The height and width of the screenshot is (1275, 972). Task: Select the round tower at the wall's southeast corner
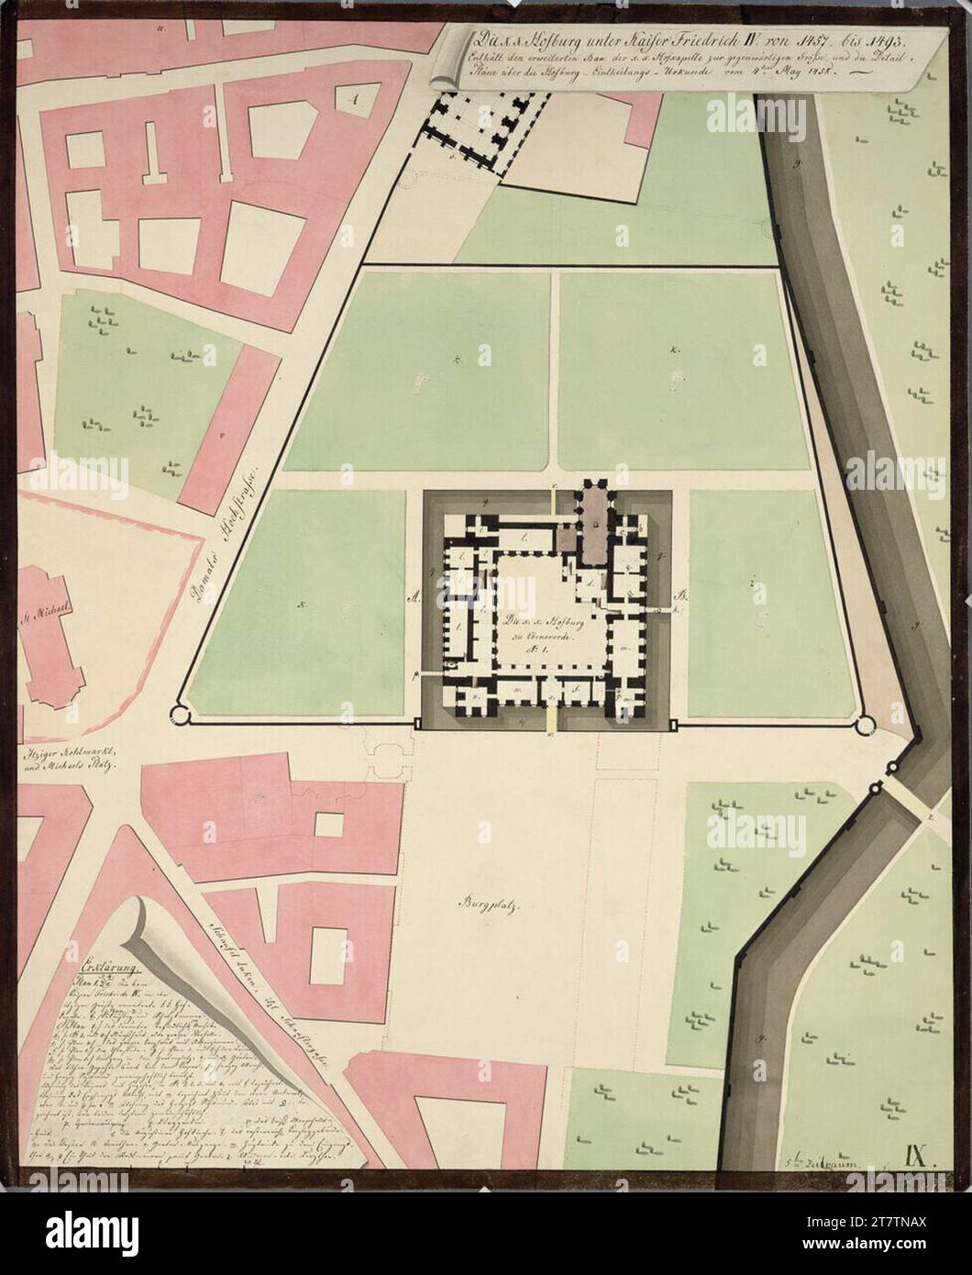point(864,726)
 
